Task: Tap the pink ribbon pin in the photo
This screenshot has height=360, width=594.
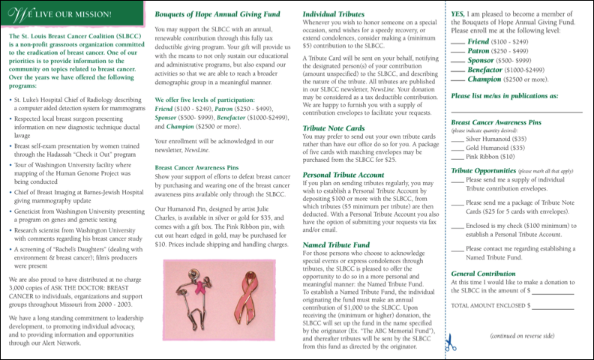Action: click(x=251, y=297)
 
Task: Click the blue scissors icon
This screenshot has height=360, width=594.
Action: click(x=450, y=343)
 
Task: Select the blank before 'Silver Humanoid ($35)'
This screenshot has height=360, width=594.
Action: click(x=458, y=139)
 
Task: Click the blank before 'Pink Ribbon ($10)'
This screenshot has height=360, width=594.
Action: click(x=458, y=157)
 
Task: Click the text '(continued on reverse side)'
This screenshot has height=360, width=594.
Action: click(x=522, y=335)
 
